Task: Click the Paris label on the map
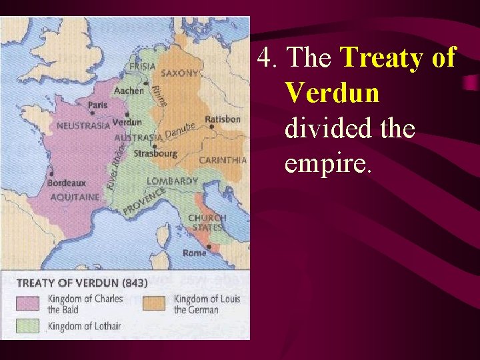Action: point(98,105)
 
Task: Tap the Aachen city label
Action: point(129,91)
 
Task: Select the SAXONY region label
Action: point(179,73)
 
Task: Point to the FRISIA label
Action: point(143,67)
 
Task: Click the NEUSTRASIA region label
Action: point(83,125)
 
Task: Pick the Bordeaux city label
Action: point(67,183)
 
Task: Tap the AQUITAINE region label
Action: point(75,197)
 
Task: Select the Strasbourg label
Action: point(155,153)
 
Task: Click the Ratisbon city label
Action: point(223,119)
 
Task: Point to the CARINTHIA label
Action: point(223,160)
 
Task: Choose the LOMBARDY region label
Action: point(172,181)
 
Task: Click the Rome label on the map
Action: point(195,253)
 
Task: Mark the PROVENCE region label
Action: point(143,201)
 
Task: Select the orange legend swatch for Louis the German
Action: point(153,303)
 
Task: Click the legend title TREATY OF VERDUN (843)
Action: point(82,282)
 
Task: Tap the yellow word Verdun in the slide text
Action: point(332,93)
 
